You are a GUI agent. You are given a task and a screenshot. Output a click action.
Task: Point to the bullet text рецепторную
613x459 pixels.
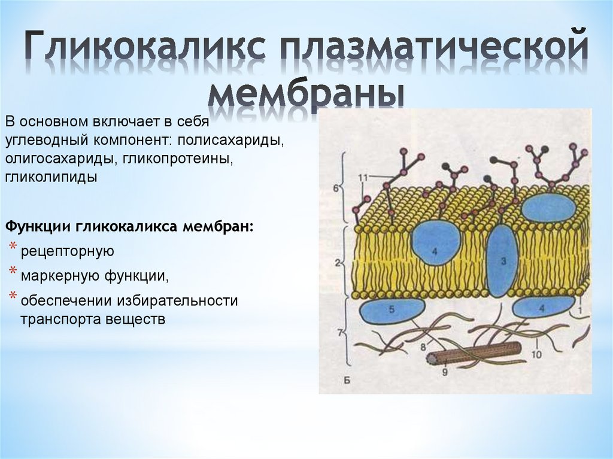68,250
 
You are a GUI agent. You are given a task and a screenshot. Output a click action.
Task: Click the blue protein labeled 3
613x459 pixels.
502,261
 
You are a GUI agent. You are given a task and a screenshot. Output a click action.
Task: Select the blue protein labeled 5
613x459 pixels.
391,311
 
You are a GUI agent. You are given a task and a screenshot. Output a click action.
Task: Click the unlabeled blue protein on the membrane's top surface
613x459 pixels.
548,208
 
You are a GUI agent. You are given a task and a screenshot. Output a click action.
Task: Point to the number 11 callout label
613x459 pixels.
362,177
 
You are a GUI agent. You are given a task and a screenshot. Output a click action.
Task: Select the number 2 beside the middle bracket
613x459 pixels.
338,262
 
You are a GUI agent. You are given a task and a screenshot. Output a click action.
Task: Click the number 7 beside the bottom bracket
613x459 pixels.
339,332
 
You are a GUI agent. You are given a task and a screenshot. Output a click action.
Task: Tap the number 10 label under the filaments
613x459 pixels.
536,354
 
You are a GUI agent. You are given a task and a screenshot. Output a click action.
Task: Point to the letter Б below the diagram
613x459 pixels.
348,381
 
